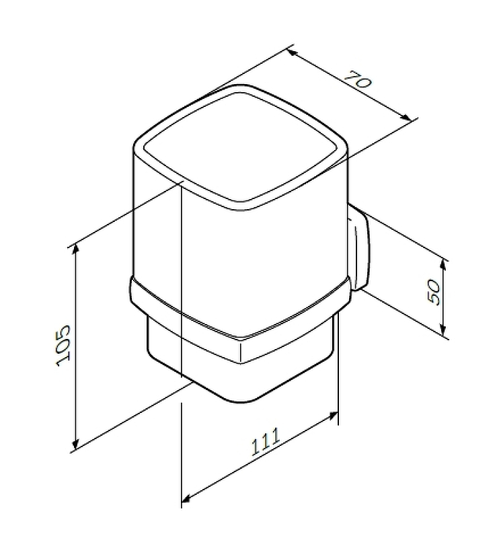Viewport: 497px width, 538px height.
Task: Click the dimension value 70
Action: point(357,79)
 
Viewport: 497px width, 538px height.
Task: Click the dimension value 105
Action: point(63,346)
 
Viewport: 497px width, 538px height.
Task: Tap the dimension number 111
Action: point(266,442)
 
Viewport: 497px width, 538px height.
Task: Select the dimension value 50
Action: point(434,292)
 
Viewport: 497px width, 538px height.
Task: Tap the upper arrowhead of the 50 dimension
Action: point(443,265)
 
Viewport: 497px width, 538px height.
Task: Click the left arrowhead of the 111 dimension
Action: point(186,500)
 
